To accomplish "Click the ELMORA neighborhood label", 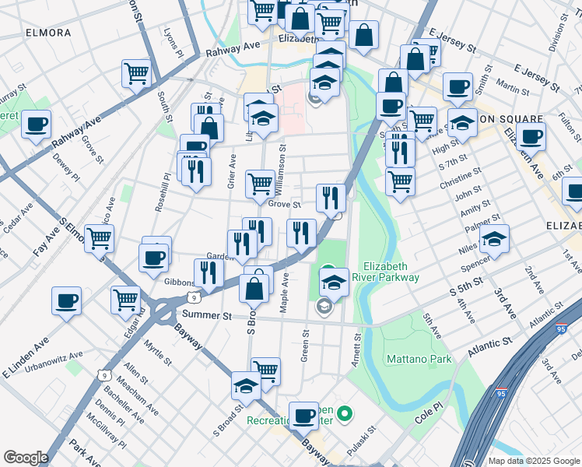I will click(x=48, y=33).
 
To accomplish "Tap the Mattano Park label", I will click(x=419, y=360).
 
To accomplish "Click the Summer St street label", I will click(x=206, y=316).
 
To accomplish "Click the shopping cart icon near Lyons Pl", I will click(x=136, y=73).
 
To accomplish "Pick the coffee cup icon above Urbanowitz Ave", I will click(x=66, y=300).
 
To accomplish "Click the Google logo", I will click(x=26, y=458).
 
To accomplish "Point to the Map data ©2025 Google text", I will click(x=534, y=461).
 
